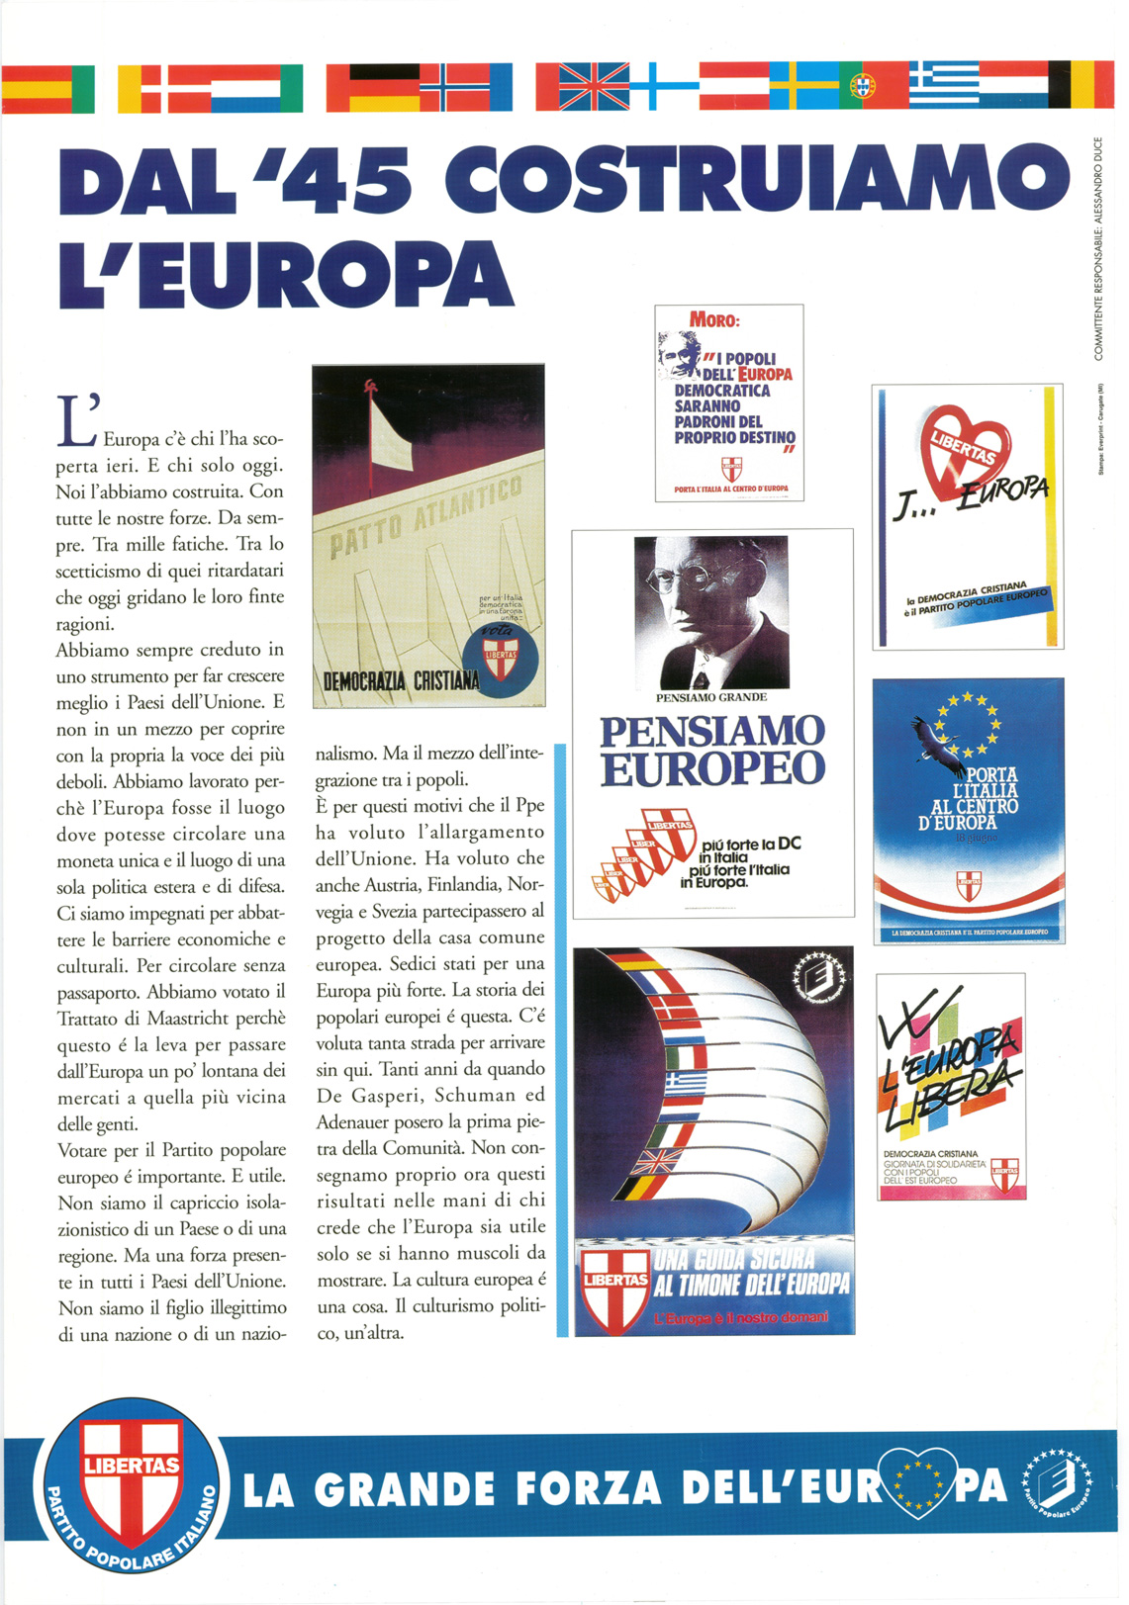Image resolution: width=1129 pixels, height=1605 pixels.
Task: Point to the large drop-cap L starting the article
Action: (75, 421)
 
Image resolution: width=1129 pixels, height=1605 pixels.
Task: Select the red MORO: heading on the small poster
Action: (714, 320)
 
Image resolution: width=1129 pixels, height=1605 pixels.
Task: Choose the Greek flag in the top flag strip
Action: (944, 84)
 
